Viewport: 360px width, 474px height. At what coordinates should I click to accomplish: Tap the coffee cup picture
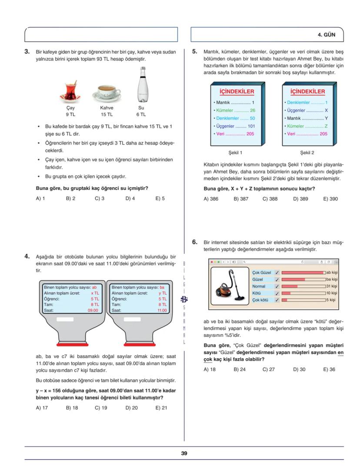107,93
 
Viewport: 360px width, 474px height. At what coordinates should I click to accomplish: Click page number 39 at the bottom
184,453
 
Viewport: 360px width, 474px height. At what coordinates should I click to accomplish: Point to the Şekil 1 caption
235,153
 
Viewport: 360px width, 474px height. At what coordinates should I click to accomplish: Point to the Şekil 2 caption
307,153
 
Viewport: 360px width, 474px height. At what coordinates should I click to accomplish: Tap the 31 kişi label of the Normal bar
331,286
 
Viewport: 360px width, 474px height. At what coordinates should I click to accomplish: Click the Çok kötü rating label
261,300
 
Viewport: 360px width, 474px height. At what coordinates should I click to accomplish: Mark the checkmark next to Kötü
277,293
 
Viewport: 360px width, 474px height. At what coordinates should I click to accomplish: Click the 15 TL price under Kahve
107,115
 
